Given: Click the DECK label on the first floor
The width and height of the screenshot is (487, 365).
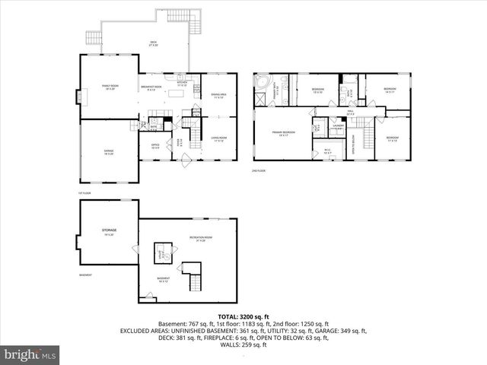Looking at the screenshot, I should click(x=154, y=43).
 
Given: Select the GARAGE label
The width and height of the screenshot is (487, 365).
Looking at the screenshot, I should click(x=110, y=151).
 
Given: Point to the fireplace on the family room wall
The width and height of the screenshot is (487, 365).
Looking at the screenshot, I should click(x=76, y=97).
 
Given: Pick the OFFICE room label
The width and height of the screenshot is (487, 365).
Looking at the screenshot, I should click(x=155, y=146).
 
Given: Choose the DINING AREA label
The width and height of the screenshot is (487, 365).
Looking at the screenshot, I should click(x=219, y=95).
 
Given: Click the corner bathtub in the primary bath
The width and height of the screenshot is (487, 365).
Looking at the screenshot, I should click(x=263, y=82).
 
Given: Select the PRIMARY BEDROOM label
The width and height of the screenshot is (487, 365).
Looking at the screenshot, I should click(x=284, y=133).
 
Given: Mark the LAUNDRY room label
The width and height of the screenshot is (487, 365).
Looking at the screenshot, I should click(x=338, y=125).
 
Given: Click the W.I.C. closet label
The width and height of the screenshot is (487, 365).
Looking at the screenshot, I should click(x=328, y=150).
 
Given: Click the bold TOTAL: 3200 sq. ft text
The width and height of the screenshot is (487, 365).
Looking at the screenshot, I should click(x=243, y=316).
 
